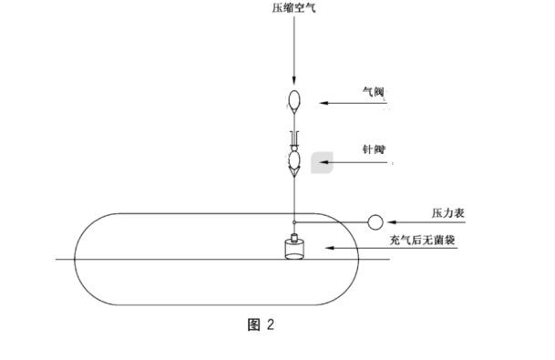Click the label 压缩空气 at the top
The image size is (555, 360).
coord(293,8)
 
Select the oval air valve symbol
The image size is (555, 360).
coord(293,98)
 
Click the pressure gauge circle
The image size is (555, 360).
coord(375,221)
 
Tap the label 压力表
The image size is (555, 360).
coord(449,212)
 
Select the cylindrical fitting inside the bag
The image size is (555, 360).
coord(293,250)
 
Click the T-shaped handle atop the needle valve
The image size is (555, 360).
coord(293,138)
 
